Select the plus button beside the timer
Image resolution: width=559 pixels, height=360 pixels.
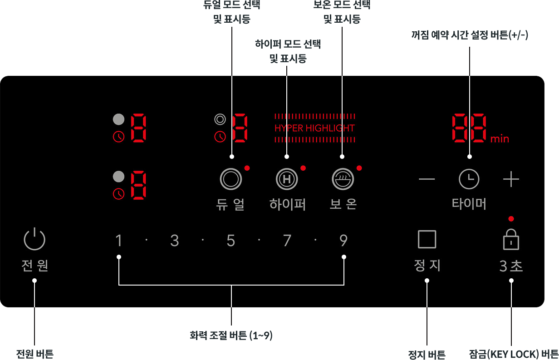pos(511,179)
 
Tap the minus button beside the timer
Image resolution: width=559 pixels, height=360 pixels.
pos(427,179)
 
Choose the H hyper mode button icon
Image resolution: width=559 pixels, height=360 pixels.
pos(287,179)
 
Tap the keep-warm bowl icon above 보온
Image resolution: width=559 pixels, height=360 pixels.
pos(343,179)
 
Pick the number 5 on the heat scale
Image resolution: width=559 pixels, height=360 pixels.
pos(231,241)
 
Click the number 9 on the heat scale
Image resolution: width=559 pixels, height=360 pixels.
pos(343,241)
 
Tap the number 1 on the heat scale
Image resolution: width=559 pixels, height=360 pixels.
pos(119,241)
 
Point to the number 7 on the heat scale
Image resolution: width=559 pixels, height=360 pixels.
pos(287,241)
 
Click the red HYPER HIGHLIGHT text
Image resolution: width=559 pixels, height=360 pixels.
pos(314,128)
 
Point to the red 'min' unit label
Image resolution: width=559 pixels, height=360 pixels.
pos(500,139)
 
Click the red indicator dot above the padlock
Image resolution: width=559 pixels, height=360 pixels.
pos(511,219)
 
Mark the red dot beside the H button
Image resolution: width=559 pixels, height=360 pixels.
pos(303,168)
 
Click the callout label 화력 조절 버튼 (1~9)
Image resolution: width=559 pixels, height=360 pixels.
pos(231,335)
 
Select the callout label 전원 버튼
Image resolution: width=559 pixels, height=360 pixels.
pos(35,354)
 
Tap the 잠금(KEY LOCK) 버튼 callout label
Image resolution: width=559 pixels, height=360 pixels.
pos(514,354)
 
